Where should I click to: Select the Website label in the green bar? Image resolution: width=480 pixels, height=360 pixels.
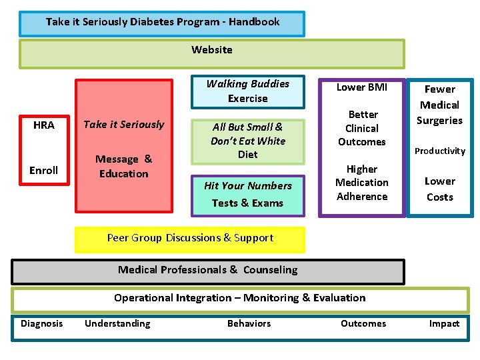click(212, 50)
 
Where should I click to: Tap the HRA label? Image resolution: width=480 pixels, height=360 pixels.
click(44, 125)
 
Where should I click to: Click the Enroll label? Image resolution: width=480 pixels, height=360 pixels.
click(44, 171)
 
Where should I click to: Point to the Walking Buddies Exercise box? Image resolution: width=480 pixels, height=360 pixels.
click(247, 91)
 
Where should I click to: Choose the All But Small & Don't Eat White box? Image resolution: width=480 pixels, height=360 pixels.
click(247, 141)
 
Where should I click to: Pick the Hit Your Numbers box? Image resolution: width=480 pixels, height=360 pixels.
click(247, 195)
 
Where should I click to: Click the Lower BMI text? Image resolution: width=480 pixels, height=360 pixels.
click(361, 87)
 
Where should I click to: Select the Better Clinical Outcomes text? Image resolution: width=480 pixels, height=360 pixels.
click(362, 128)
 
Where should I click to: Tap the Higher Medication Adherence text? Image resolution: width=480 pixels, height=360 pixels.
click(362, 183)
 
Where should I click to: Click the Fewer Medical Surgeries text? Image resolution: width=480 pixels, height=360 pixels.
click(439, 105)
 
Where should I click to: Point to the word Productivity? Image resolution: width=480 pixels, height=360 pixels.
click(440, 151)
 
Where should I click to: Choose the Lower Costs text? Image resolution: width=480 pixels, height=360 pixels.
click(440, 189)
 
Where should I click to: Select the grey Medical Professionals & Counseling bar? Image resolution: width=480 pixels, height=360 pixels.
click(208, 270)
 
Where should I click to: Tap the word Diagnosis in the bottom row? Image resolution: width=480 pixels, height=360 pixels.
click(42, 324)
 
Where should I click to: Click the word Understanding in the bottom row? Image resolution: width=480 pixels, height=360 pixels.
click(117, 324)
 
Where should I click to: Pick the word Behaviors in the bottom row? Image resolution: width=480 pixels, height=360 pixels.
click(249, 324)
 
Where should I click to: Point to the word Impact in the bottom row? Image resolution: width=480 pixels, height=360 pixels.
click(444, 324)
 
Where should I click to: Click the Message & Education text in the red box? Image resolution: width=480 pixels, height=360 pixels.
click(124, 167)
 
